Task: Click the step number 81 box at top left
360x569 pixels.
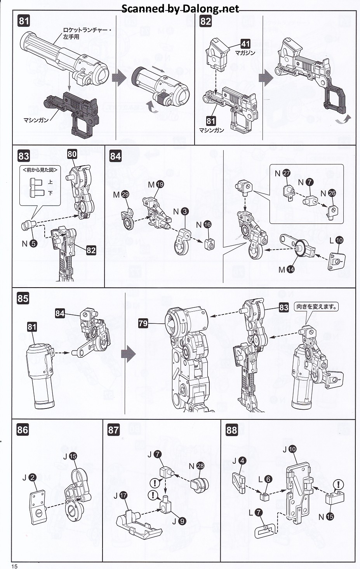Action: pos(24,21)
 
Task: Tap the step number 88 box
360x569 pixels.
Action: pos(231,430)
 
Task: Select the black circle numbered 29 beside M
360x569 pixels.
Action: pos(125,195)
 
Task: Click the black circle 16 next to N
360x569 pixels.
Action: pos(207,225)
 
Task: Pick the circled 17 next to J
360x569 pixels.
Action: pos(123,495)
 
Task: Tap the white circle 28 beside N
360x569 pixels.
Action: pos(200,466)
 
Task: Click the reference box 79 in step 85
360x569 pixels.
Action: pos(143,323)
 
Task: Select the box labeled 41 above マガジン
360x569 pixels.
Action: pos(245,44)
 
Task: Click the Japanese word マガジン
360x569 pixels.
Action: pos(245,53)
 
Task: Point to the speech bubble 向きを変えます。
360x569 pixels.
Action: pos(317,307)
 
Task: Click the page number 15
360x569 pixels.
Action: pos(14,566)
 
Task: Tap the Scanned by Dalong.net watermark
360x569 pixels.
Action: pos(180,9)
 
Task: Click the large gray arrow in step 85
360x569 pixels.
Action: pos(128,354)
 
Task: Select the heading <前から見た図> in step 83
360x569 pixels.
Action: pos(40,170)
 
